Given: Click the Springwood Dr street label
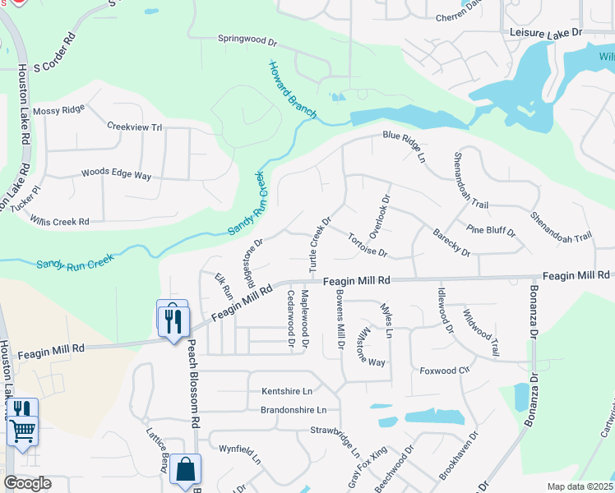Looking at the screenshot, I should click(247, 38).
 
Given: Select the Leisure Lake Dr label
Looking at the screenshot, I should click(545, 31).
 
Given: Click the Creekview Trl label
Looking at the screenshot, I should click(135, 127).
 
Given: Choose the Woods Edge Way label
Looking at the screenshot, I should click(116, 174).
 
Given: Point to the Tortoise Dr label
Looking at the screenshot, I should click(367, 244).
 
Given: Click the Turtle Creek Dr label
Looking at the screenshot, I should click(319, 244).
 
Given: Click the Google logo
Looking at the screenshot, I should click(27, 483).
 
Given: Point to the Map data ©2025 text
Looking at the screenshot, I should click(580, 486).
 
